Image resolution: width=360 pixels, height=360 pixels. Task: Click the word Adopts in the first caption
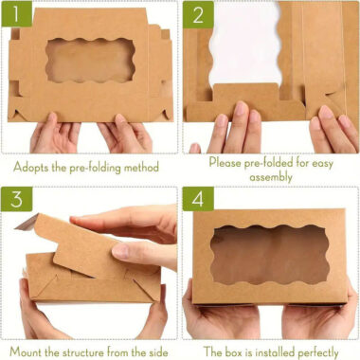[x=31, y=167]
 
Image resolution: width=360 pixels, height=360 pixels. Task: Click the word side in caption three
[x=161, y=351]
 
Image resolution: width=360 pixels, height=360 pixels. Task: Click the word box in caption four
[x=231, y=351]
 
